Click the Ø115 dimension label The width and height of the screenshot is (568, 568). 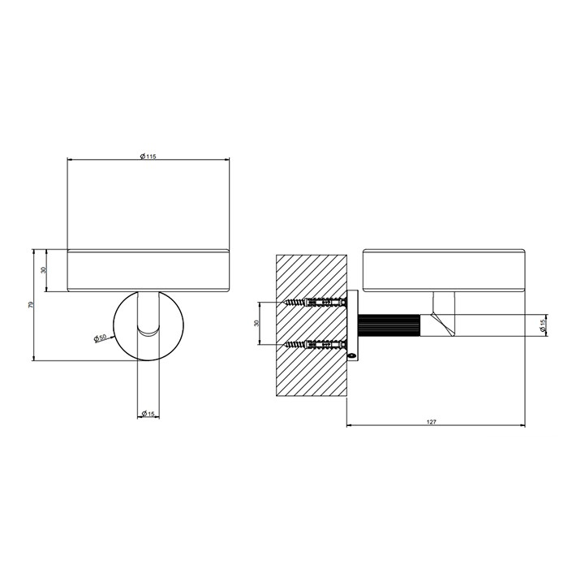pyautogui.click(x=148, y=156)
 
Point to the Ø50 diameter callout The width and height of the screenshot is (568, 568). pyautogui.click(x=101, y=337)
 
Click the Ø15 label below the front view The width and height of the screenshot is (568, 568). pyautogui.click(x=148, y=414)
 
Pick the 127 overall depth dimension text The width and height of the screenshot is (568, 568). pyautogui.click(x=435, y=420)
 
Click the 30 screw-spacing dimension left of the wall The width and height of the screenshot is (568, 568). pyautogui.click(x=256, y=323)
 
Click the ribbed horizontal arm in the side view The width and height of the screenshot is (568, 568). pyautogui.click(x=389, y=325)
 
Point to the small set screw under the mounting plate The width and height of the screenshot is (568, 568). pyautogui.click(x=352, y=354)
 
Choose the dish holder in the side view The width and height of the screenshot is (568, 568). pyautogui.click(x=443, y=270)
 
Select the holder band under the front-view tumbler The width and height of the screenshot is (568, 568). pyautogui.click(x=148, y=270)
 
